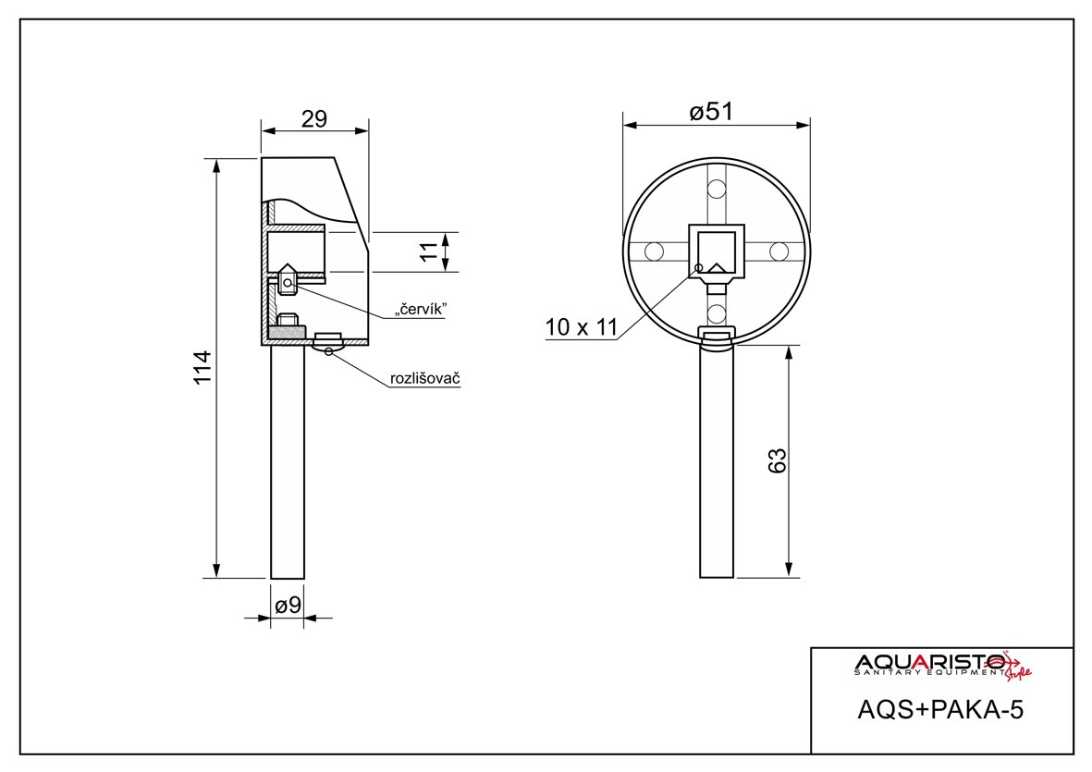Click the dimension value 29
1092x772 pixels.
pyautogui.click(x=314, y=119)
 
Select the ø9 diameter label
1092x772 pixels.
pyautogui.click(x=288, y=606)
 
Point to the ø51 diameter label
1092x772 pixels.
pyautogui.click(x=711, y=112)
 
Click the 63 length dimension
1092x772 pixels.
pyautogui.click(x=778, y=460)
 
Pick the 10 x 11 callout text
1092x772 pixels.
pyautogui.click(x=581, y=326)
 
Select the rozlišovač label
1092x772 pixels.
pyautogui.click(x=425, y=379)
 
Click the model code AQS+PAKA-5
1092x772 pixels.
pyautogui.click(x=941, y=710)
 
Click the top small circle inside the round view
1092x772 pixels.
pyautogui.click(x=716, y=190)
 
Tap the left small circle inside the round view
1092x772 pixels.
pyautogui.click(x=654, y=251)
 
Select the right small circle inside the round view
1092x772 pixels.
pyautogui.click(x=779, y=251)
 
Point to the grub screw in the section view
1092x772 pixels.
pyautogui.click(x=288, y=283)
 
